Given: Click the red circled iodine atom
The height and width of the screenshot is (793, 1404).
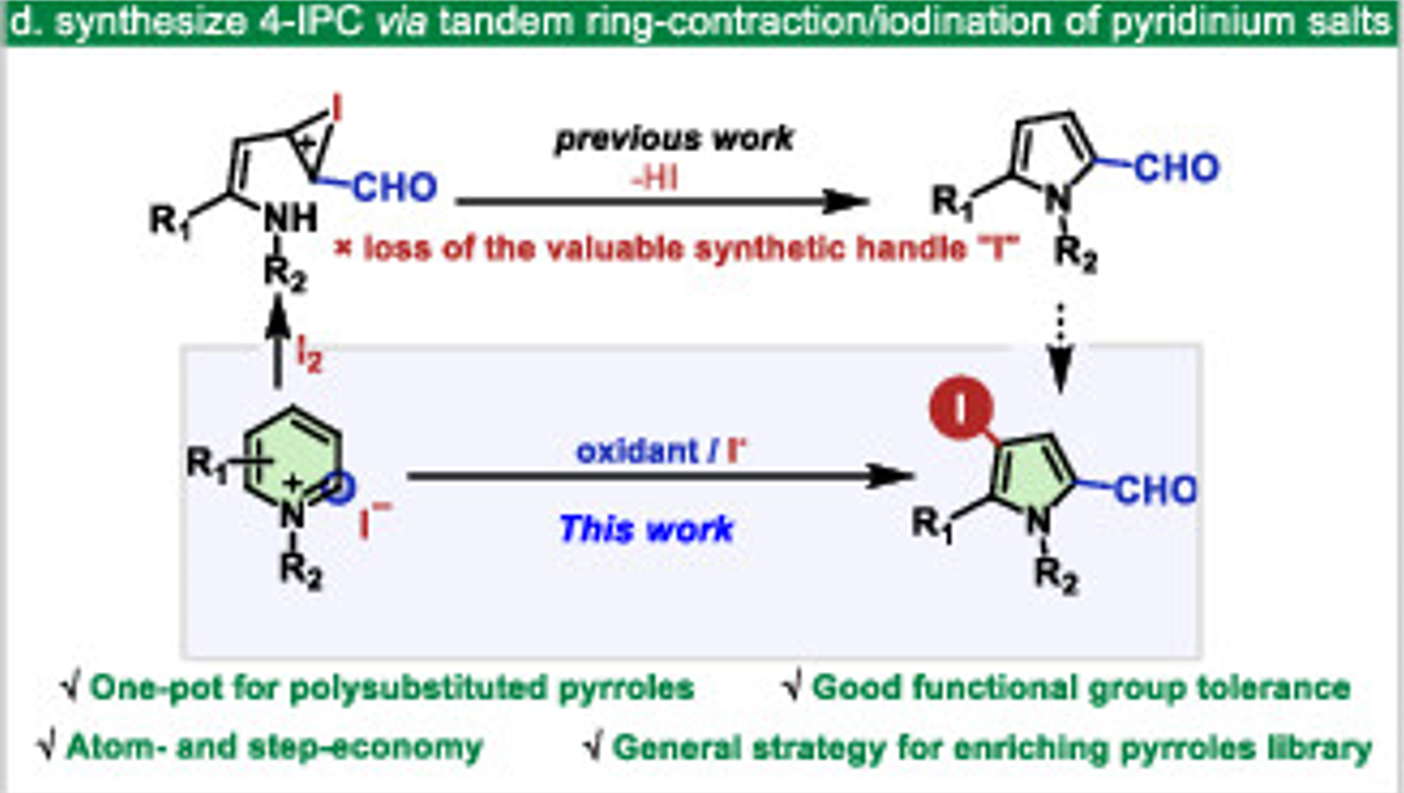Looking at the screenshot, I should point(961,408).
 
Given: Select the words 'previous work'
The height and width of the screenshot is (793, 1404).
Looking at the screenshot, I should point(673,139).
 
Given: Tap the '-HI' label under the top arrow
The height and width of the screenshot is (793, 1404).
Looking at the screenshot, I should point(654,177).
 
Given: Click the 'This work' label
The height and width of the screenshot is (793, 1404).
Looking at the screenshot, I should point(645,529).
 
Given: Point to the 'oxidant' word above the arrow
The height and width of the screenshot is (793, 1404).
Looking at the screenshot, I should point(638,451).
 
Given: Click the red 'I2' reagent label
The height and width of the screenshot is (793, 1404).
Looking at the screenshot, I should point(309,354).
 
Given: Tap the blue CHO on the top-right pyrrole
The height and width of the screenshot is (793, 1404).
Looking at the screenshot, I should point(1176,169).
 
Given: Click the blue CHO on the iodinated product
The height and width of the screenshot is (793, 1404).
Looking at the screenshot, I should point(1155,489).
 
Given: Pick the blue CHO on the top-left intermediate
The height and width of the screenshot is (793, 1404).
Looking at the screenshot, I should point(395,188).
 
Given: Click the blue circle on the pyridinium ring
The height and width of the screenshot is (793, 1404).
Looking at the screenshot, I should point(341,487).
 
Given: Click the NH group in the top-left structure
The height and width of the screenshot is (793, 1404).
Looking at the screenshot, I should point(289,220).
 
